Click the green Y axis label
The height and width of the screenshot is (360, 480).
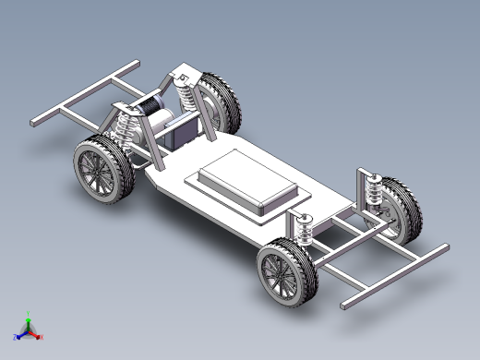coord(29,313)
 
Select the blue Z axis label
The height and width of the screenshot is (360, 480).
coord(16,337)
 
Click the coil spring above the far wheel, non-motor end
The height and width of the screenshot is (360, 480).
coord(375,193)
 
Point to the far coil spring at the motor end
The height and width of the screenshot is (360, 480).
coord(184,91)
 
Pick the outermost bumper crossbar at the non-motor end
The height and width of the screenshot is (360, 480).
coord(393,276)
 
